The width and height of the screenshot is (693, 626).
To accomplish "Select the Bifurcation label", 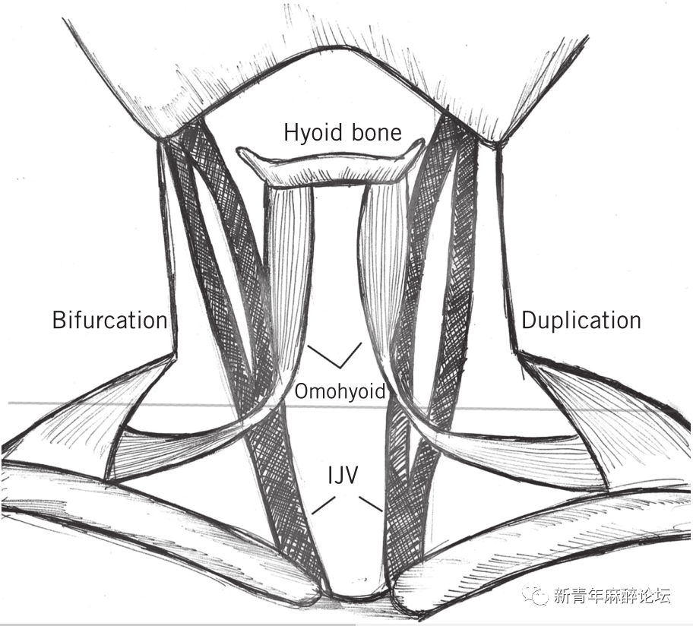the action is coord(109,320).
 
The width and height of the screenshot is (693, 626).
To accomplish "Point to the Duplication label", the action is coord(581,320).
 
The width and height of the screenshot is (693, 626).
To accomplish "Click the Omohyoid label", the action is coord(340,392).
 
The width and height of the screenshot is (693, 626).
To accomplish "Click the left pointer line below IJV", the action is coord(323,504).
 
